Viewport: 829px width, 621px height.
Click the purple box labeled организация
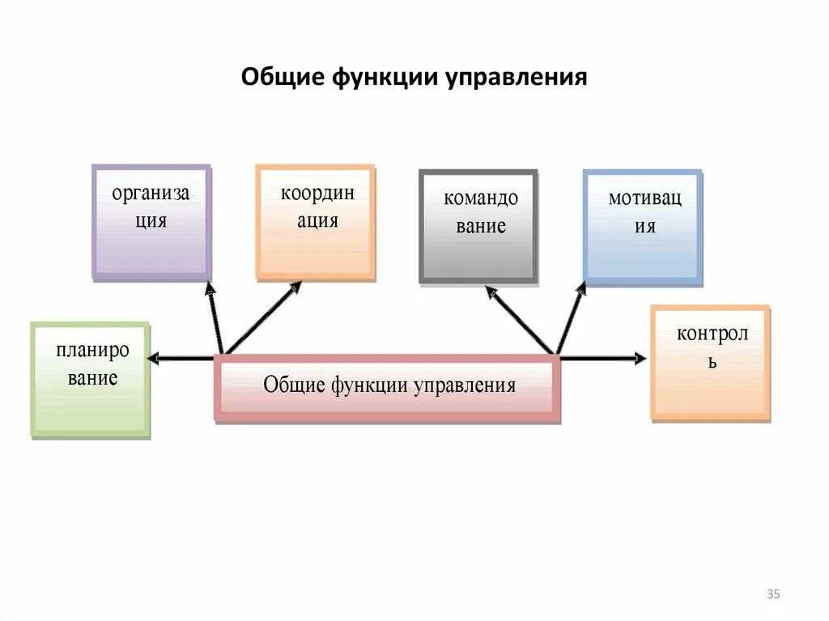151,223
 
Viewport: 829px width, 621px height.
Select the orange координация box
316,223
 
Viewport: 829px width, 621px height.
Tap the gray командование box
478,226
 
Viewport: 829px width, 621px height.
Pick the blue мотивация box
643,228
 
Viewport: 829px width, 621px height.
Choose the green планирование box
90,380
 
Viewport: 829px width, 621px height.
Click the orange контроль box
710,362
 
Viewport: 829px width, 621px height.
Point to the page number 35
772,595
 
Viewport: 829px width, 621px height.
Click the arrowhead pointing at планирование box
152,358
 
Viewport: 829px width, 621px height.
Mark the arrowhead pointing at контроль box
641,358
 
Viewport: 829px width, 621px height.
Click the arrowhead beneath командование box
489,291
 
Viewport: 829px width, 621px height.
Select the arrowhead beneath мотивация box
582,287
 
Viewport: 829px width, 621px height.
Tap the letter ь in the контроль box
712,362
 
